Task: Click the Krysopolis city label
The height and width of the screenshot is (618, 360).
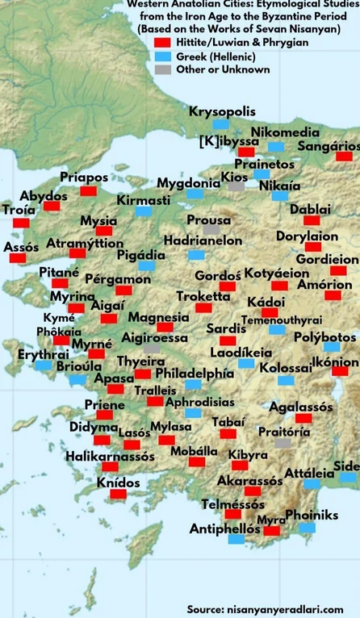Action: coord(220,111)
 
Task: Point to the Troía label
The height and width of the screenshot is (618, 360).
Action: coord(19,210)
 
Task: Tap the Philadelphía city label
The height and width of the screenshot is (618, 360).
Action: coord(195,374)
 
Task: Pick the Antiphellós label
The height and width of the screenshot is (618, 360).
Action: coord(225,529)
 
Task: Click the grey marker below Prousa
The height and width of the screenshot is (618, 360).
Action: coord(211,230)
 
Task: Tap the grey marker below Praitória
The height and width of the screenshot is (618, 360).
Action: coord(283,444)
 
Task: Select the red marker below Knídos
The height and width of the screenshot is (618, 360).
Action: coord(119,496)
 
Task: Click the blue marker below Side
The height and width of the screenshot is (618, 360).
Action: coord(347,478)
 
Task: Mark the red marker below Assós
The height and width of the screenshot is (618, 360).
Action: coord(18,258)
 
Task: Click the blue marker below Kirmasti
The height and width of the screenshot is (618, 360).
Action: coord(144,211)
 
